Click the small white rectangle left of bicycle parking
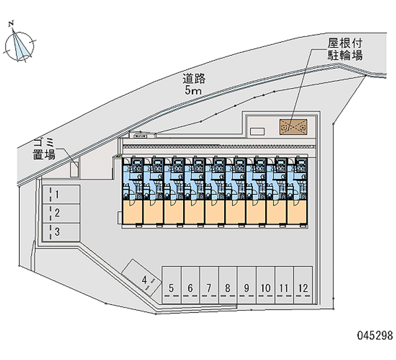tap(257, 131)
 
